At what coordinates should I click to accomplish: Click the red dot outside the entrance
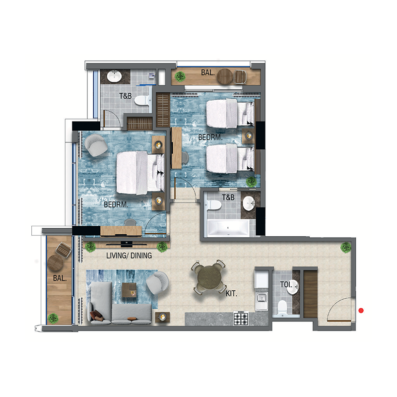point(361,311)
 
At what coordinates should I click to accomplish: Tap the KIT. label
point(231,294)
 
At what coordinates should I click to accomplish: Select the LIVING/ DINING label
point(129,256)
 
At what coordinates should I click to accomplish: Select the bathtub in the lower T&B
point(227,228)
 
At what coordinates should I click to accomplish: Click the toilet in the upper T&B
point(142,100)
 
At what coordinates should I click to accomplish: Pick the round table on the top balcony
point(225,76)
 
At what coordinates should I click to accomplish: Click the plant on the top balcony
point(181,76)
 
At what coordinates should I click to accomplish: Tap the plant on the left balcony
point(53,318)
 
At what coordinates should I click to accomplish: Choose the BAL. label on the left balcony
point(60,279)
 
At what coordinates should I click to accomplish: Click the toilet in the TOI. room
point(282,307)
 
